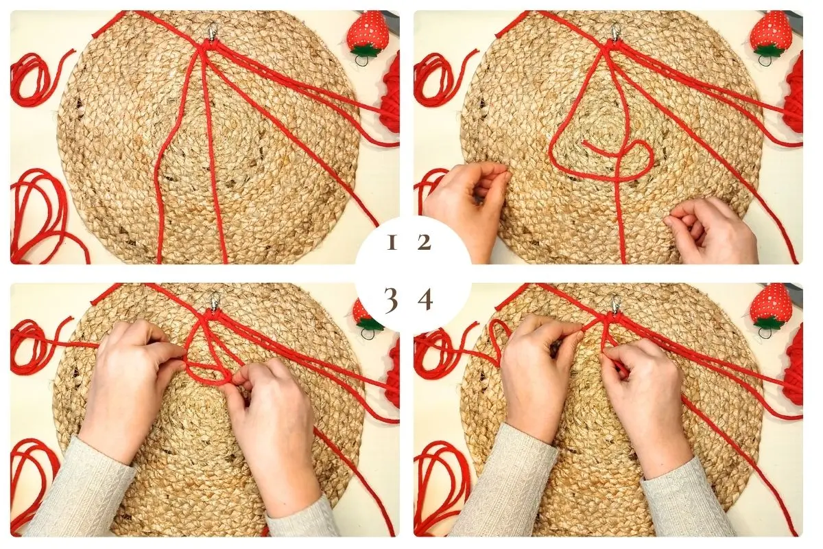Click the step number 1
392,243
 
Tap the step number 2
424,243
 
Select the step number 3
391,301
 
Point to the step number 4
425,301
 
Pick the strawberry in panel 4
770,306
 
